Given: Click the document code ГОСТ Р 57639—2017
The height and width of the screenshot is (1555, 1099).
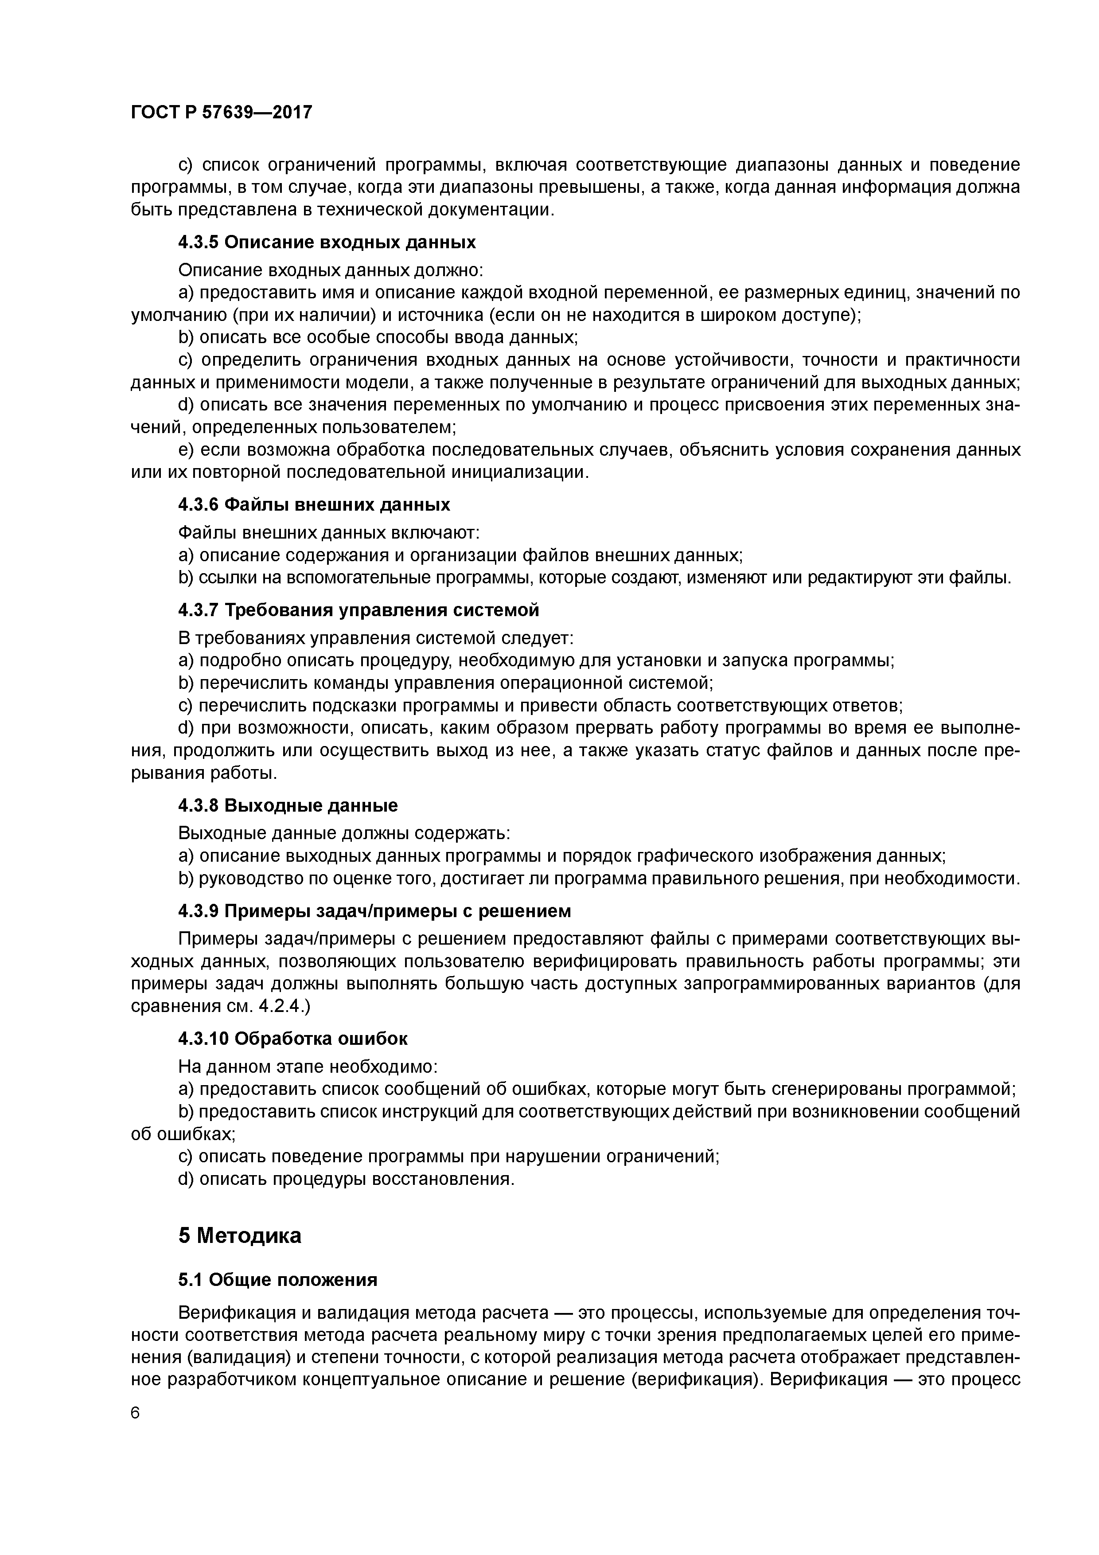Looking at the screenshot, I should [x=222, y=113].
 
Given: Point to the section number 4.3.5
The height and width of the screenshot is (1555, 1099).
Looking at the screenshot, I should [x=199, y=242].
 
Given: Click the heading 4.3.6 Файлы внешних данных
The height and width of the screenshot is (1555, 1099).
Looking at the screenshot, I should [x=314, y=505].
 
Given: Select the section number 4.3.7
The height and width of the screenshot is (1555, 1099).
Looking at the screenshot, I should [x=199, y=610].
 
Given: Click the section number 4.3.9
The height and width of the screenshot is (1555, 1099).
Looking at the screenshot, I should [x=199, y=912].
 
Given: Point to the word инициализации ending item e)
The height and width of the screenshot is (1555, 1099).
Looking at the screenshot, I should [x=526, y=472].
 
